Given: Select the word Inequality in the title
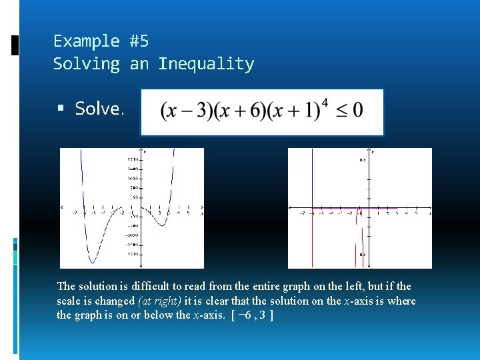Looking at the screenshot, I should coord(206,64).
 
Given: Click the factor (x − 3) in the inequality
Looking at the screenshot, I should coord(181,111).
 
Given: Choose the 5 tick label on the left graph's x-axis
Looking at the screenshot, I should coord(189,213).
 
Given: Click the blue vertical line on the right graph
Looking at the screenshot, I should coord(313,180).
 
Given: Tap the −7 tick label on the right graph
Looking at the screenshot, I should coord(302,214).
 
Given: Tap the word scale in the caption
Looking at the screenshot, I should coord(68,301).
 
